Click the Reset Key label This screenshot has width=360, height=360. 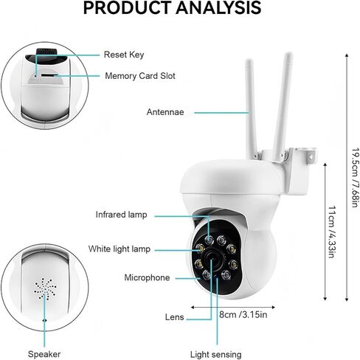coord(124,55)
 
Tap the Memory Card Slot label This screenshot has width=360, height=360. coord(140,76)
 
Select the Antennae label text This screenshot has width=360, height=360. coord(165,112)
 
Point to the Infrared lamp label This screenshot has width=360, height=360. coord(122,215)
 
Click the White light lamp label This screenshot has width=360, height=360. coord(120,249)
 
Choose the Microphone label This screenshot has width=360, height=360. coord(147,277)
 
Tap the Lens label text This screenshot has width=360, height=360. coord(175,317)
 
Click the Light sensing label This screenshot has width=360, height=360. coord(216,355)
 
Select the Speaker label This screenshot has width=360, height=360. coord(44,354)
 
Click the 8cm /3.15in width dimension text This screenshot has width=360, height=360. coord(243,314)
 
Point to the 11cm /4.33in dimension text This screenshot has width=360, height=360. coord(332,232)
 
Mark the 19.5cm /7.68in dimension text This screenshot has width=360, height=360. coord(355,178)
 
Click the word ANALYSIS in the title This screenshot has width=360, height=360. coord(218,7)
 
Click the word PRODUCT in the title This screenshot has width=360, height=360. coord(127,7)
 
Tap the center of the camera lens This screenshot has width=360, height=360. coord(212,260)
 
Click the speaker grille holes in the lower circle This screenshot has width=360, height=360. coord(45,288)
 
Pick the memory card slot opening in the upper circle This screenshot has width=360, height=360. coord(49,75)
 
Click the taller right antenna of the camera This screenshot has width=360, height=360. coord(283,105)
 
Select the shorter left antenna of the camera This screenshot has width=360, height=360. coord(252,108)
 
